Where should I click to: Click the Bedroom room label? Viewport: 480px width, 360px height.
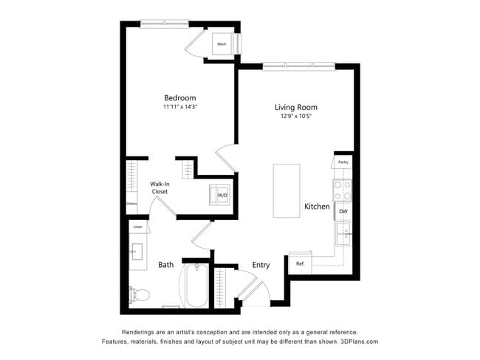point(179,97)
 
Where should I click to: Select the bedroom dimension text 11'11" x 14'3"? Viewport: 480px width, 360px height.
point(179,107)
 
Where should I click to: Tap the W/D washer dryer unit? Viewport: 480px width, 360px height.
point(221,195)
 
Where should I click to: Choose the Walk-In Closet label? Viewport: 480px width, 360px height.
point(160,187)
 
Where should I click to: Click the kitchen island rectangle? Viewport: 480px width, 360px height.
point(287,190)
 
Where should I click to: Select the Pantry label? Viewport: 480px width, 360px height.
point(343,162)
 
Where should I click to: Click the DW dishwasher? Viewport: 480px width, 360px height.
point(343,212)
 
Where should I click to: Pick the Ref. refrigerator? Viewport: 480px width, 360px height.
point(301,263)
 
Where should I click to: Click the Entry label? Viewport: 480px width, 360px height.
point(261,265)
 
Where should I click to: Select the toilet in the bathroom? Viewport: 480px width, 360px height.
point(140,294)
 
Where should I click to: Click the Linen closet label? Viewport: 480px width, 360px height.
point(137,227)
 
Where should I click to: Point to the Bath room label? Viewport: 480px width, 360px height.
point(166,265)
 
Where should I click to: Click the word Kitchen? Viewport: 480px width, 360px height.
point(317,207)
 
